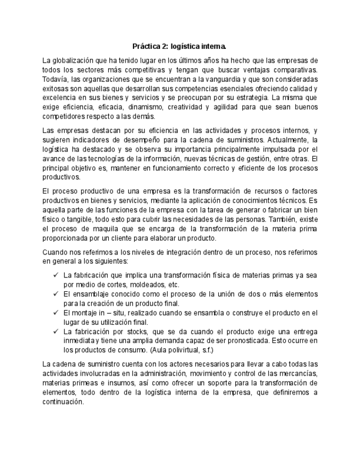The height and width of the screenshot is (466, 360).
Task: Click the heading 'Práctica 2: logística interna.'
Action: pos(179,46)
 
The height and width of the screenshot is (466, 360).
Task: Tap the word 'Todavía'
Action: pos(56,79)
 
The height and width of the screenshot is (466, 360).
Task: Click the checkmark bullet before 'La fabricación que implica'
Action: pos(56,274)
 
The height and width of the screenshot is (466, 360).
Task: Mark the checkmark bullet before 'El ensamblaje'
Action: pos(56,293)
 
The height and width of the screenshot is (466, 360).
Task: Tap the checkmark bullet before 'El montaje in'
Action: pos(56,312)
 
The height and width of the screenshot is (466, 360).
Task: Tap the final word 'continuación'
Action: pos(63,401)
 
